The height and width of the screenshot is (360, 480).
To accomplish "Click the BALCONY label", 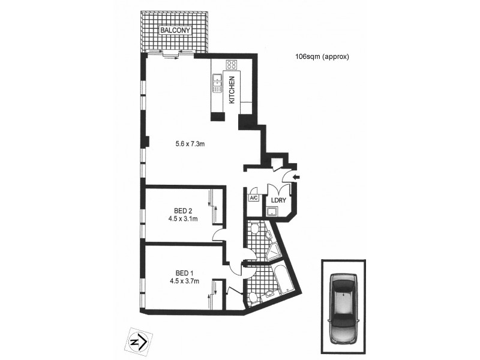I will [x=175, y=30].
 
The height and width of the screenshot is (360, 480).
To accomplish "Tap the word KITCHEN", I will [x=232, y=91].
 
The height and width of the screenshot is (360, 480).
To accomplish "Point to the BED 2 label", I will [x=183, y=211].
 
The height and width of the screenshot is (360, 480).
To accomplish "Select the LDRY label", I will [x=278, y=200].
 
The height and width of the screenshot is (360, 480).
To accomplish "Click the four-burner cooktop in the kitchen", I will [x=231, y=65].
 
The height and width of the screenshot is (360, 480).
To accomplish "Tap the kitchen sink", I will [x=217, y=84].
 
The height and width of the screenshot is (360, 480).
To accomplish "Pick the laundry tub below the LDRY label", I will [x=274, y=211].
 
